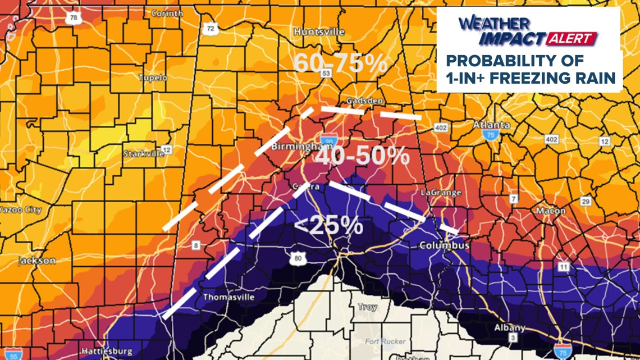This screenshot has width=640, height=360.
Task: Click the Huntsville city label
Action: [x=319, y=32]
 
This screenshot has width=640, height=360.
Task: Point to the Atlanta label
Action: [x=492, y=125]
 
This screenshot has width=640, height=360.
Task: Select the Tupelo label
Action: [x=153, y=78]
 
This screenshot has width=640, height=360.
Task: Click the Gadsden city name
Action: [x=364, y=101]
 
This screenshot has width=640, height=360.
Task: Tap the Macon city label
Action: [x=551, y=211]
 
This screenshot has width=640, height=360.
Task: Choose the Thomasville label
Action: [x=228, y=297]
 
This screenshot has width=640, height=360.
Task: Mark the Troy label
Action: [x=368, y=308]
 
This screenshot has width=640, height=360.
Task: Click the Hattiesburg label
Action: [x=106, y=352]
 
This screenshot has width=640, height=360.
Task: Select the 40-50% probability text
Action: [x=362, y=157]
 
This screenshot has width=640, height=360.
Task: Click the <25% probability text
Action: [x=328, y=225]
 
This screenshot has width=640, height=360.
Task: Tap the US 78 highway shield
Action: [x=74, y=18]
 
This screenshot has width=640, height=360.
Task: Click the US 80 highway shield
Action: [x=297, y=258]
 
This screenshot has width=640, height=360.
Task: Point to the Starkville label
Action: [x=143, y=154]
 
